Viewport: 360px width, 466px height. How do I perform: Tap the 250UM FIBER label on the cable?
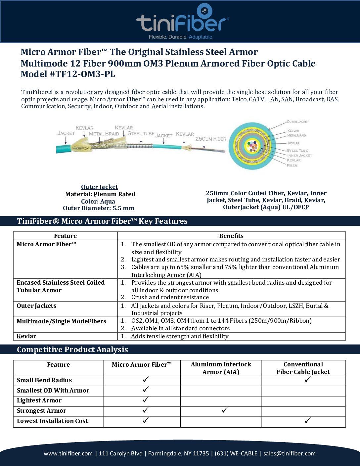(x=211, y=139)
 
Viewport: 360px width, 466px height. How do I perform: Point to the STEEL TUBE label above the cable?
(x=141, y=133)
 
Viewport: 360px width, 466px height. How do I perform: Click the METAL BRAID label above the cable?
(x=104, y=134)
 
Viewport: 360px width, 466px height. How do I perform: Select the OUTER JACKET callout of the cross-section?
(x=297, y=122)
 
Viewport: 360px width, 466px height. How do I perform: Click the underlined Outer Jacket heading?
(x=99, y=187)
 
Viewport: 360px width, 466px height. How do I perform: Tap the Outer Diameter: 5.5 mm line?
(x=99, y=208)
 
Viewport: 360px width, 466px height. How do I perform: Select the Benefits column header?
(x=231, y=236)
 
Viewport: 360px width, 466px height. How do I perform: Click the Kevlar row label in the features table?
(x=26, y=336)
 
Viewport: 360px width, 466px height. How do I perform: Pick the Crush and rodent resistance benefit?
(x=170, y=297)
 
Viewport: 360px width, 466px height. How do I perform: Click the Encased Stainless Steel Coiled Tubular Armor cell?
(x=61, y=286)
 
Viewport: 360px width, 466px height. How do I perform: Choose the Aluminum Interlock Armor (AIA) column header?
(x=221, y=368)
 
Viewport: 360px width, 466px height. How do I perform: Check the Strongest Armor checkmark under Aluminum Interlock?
(x=225, y=410)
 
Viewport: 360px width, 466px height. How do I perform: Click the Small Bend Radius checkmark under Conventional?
(x=307, y=380)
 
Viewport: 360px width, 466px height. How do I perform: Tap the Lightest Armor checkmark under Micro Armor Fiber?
(x=146, y=400)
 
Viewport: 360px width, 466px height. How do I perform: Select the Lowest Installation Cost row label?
(x=52, y=421)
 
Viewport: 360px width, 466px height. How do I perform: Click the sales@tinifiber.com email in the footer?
(x=290, y=453)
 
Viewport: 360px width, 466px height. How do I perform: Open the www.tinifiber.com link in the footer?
(x=68, y=453)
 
